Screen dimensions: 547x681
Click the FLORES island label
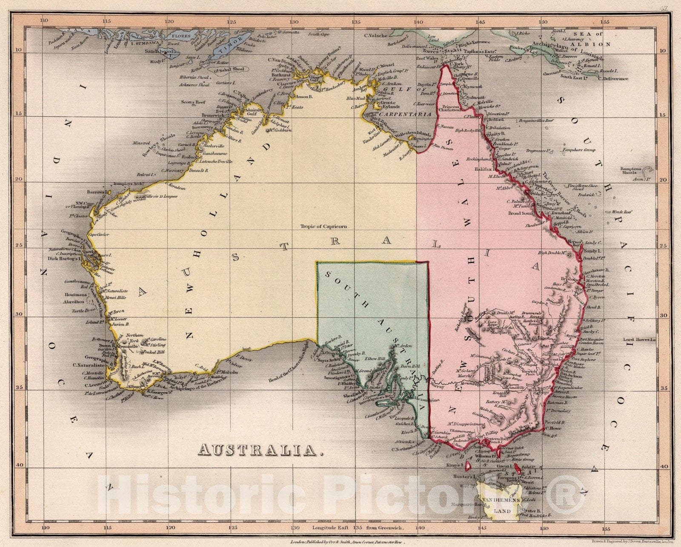(x=182, y=31)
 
